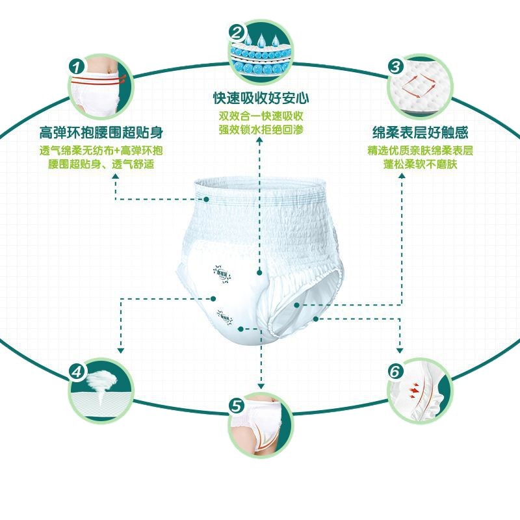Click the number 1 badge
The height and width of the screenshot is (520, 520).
pos(76,66)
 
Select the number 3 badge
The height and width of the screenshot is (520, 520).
pos(395,65)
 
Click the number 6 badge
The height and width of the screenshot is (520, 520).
pos(394,371)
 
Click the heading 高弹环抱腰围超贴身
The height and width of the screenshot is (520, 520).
pos(101,134)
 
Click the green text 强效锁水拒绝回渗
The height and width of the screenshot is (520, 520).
pos(261,129)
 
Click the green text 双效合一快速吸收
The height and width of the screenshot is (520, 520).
pos(261,116)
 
